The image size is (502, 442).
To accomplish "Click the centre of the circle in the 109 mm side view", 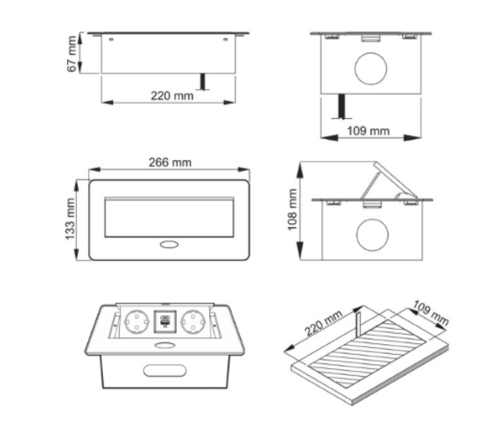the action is coord(371,69).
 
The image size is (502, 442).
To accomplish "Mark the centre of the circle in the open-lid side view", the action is coord(372,235).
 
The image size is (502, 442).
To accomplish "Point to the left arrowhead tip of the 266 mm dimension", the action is coord(89,170).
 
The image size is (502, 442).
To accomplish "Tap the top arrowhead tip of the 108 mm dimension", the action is coord(300,162).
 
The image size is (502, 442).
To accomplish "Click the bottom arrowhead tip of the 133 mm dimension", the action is coord(76,260).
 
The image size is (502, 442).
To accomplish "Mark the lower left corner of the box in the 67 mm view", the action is coord(101,73).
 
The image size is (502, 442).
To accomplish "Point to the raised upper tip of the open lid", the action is coord(375,162).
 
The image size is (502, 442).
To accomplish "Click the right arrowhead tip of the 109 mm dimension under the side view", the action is coord(421,138).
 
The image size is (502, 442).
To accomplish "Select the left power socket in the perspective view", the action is coord(137,322).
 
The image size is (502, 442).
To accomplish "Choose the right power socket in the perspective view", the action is coord(194,322).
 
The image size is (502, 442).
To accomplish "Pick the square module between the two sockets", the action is coord(165,321).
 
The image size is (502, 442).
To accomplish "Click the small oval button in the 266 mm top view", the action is coord(169,245).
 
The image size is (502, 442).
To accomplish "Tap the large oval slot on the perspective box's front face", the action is coord(165,371).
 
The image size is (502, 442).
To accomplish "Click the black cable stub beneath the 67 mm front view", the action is coord(203,82).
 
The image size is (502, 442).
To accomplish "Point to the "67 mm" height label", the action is coord(72,54).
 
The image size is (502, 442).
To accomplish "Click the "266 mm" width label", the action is coord(170,163).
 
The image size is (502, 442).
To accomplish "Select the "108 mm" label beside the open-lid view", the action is coord(292,210).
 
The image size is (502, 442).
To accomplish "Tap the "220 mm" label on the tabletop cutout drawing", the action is coord(323,323).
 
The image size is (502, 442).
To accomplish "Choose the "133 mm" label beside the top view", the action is coord(70,219).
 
